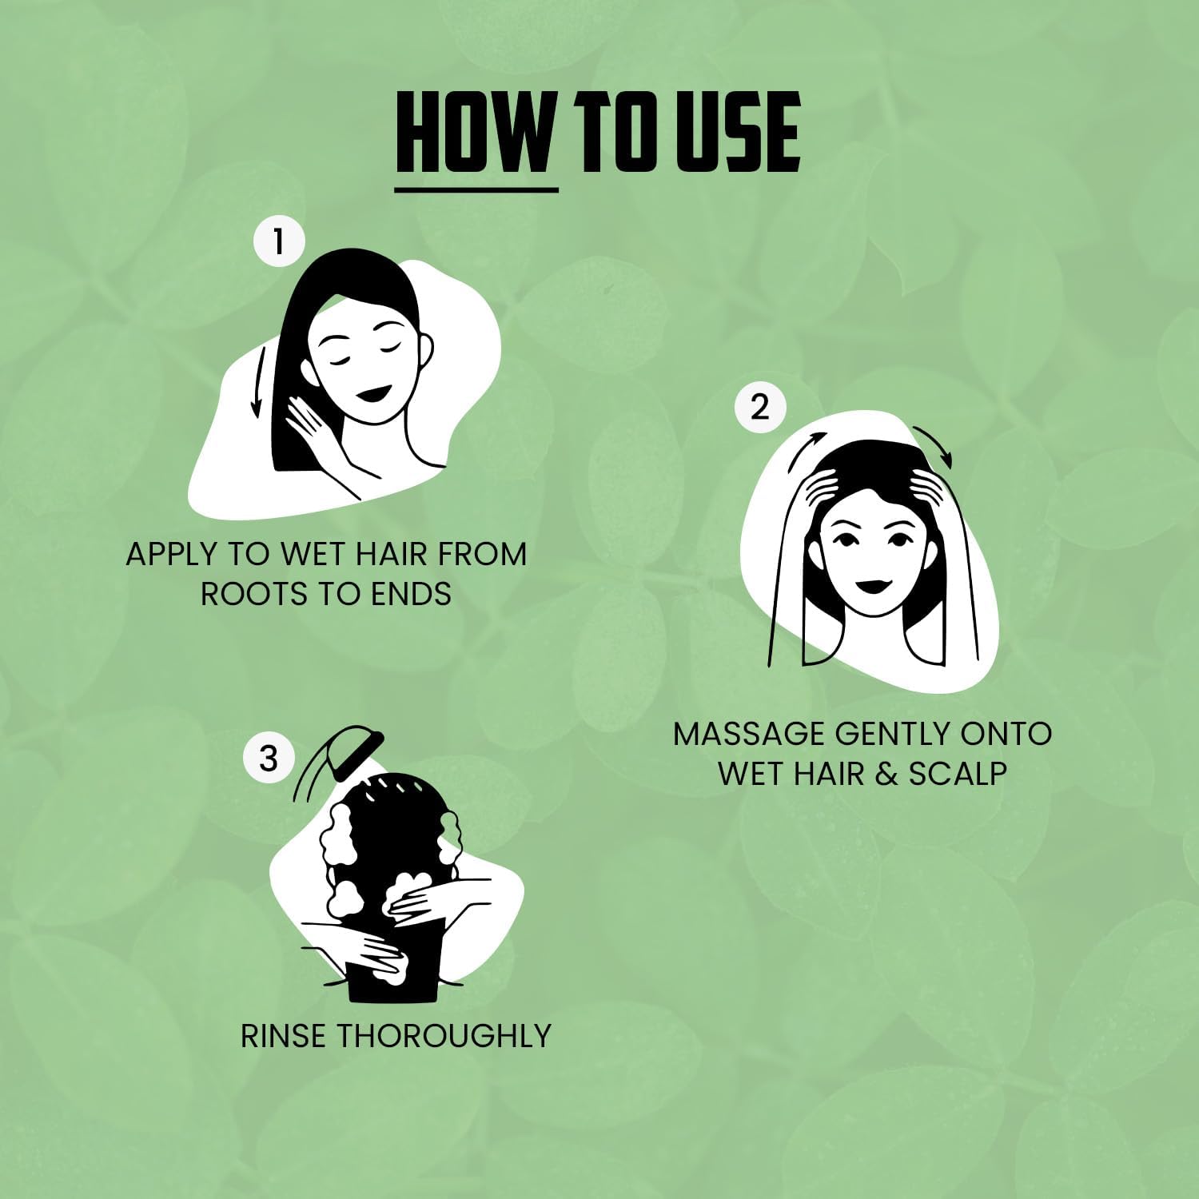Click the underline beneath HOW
click(x=476, y=189)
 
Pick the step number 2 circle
click(x=759, y=408)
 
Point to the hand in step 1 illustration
click(x=316, y=432)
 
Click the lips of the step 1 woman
click(x=372, y=394)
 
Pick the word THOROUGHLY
click(x=443, y=1036)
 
